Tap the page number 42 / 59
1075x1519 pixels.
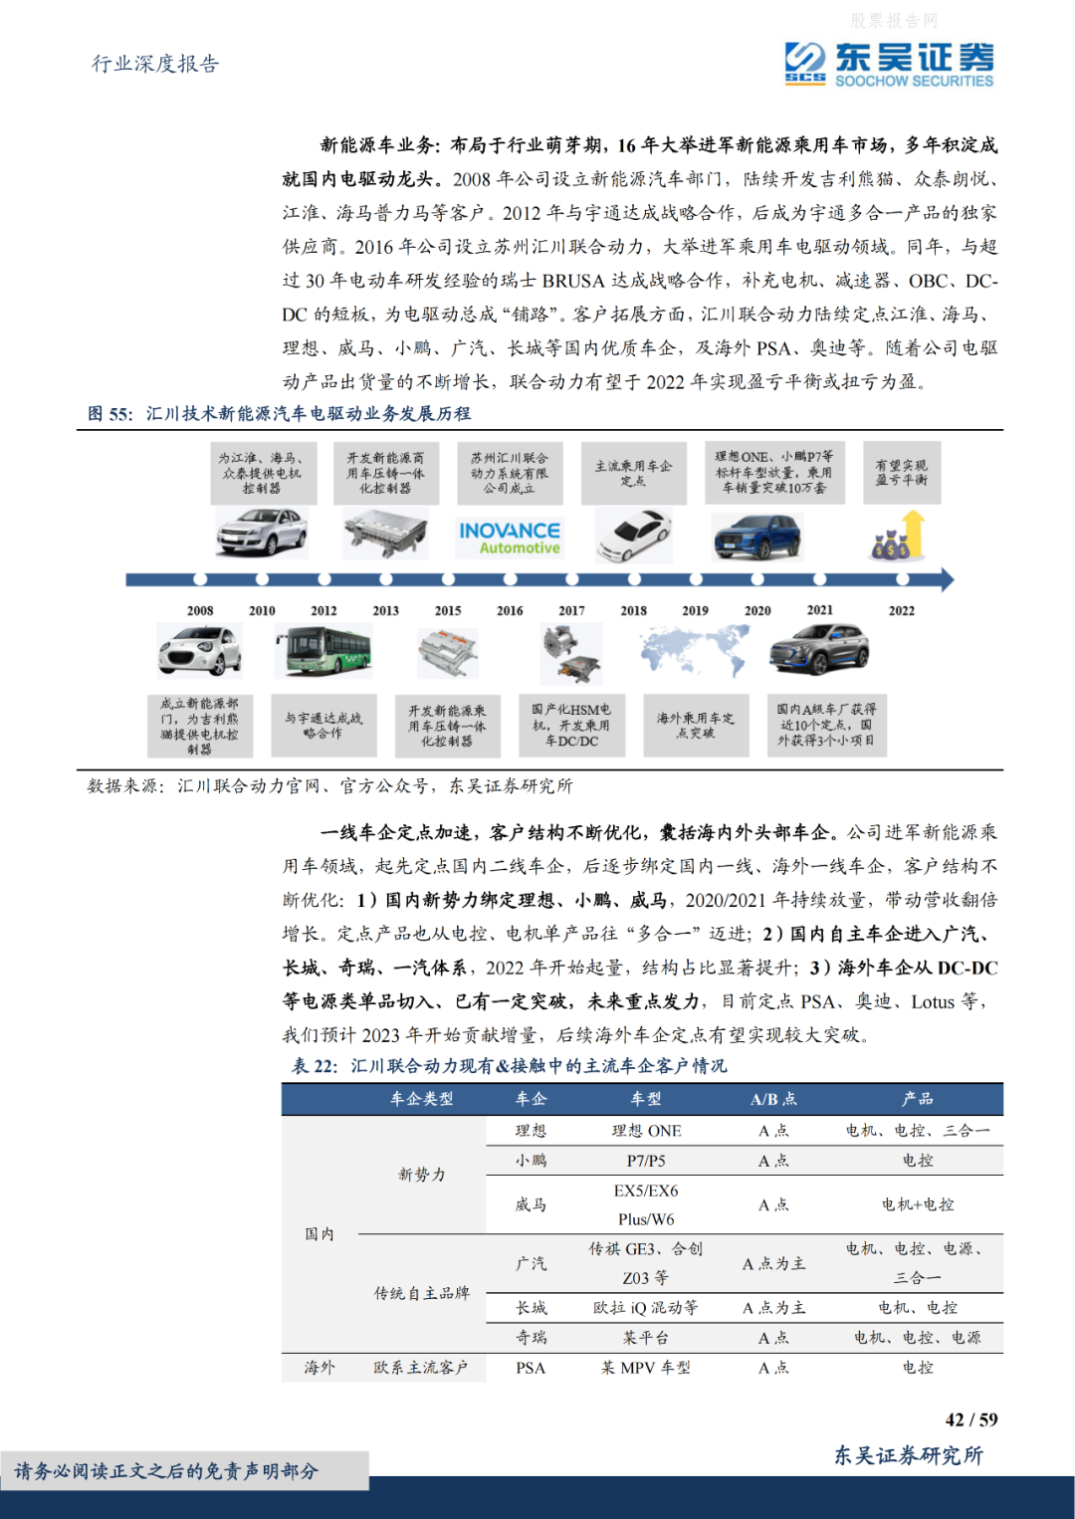pos(970,1419)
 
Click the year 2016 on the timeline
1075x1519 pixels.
pos(510,610)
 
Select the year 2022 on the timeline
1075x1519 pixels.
pos(901,610)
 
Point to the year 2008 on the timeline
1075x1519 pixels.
pos(200,610)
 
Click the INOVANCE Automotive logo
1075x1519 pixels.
pos(510,538)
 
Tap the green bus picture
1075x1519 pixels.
pos(322,652)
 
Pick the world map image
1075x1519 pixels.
pos(695,652)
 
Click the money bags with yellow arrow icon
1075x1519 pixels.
pos(899,538)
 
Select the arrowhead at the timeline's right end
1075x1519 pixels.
pos(947,579)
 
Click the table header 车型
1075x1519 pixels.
pos(646,1099)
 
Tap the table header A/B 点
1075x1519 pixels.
pos(773,1099)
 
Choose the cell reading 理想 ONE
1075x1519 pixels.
pos(646,1131)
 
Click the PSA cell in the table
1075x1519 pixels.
pos(531,1368)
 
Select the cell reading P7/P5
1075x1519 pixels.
pos(646,1161)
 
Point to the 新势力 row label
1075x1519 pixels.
pos(422,1175)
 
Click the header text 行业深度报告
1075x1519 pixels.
pos(155,64)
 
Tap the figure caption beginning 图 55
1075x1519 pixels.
pos(279,413)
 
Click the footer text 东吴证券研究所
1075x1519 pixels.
pos(908,1455)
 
